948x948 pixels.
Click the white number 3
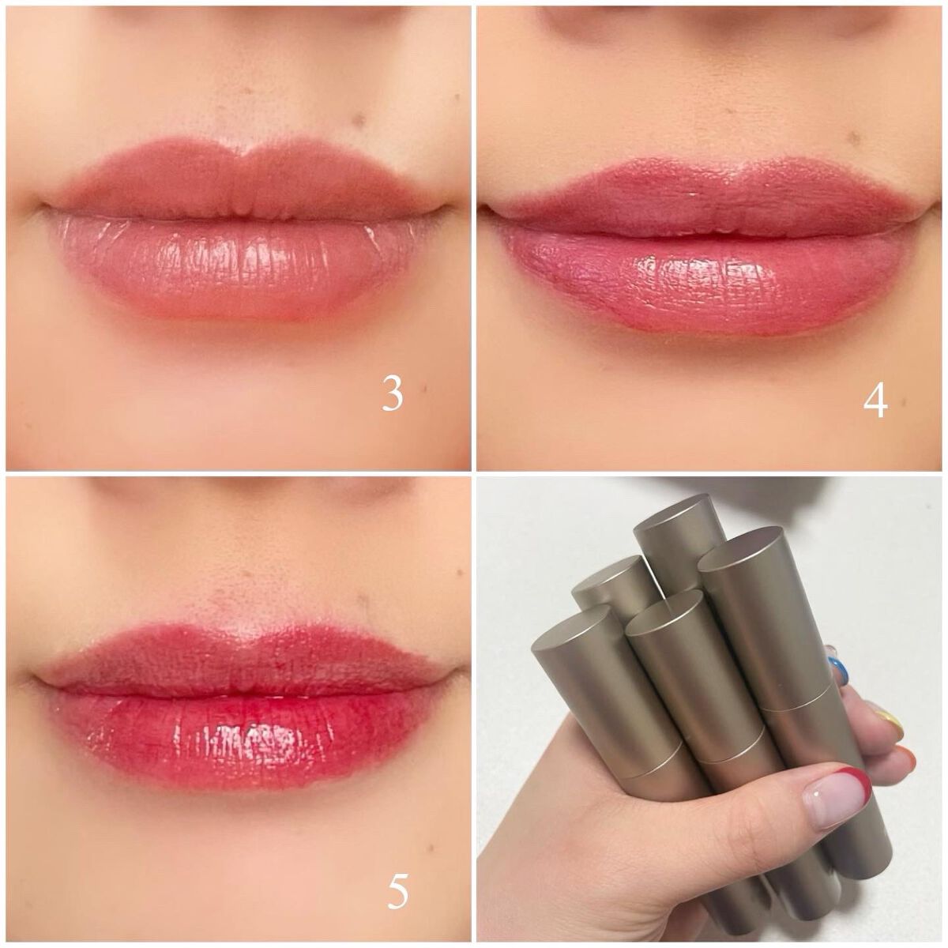point(392,393)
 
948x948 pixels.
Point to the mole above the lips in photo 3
point(360,119)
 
